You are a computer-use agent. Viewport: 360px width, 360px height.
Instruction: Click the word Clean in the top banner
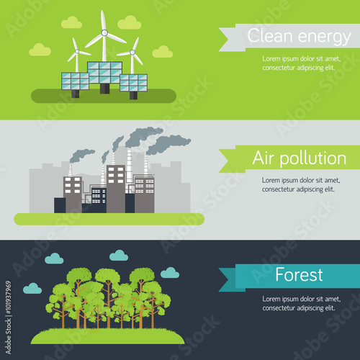pyautogui.click(x=270, y=35)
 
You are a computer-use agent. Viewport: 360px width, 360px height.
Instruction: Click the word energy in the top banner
pyautogui.click(x=325, y=37)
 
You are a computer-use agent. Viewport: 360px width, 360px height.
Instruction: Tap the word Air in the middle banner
pyautogui.click(x=264, y=158)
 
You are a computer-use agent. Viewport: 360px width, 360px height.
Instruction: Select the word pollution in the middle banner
pyautogui.click(x=313, y=158)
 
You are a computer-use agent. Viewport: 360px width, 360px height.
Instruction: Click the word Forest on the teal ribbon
pyautogui.click(x=299, y=274)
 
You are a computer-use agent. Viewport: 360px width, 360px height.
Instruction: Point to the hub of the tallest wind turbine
pyautogui.click(x=104, y=32)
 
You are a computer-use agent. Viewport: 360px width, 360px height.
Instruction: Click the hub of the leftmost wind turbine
pyautogui.click(x=77, y=51)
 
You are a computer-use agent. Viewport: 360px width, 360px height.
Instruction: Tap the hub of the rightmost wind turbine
pyautogui.click(x=132, y=52)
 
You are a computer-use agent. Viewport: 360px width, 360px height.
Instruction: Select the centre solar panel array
pyautogui.click(x=104, y=73)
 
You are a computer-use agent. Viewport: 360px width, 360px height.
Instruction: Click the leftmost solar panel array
pyautogui.click(x=75, y=81)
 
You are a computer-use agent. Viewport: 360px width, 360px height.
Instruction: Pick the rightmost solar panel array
pyautogui.click(x=133, y=83)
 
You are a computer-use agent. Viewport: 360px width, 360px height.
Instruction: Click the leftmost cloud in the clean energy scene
pyautogui.click(x=40, y=50)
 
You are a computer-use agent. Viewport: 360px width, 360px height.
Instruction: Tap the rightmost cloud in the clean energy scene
pyautogui.click(x=163, y=52)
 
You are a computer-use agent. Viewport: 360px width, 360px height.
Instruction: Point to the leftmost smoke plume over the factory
pyautogui.click(x=81, y=155)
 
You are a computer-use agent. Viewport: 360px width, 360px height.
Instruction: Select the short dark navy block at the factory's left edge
pyautogui.click(x=60, y=205)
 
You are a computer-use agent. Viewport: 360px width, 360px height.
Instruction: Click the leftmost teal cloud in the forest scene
pyautogui.click(x=32, y=289)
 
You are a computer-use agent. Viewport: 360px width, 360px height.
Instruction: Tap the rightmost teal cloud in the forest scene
pyautogui.click(x=170, y=273)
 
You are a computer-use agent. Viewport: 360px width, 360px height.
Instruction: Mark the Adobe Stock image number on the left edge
pyautogui.click(x=9, y=297)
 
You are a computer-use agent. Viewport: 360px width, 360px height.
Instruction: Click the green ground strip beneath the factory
pyautogui.click(x=109, y=219)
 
